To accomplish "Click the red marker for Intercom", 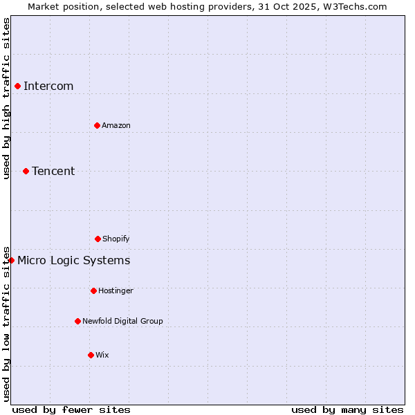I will [x=17, y=86].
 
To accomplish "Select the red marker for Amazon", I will [x=97, y=125].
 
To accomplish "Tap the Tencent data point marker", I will [x=26, y=171].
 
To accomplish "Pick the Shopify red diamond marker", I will [x=98, y=239].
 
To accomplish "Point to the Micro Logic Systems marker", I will [x=11, y=260].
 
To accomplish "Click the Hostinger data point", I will [x=93, y=290].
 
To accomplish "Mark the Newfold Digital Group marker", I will [x=77, y=321].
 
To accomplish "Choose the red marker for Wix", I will [x=91, y=355].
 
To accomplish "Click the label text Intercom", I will [x=48, y=86].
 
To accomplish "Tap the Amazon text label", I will [x=116, y=125].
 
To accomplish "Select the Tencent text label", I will [x=53, y=171].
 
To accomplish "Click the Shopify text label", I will [x=116, y=239].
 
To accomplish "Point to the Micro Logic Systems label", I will [x=73, y=260].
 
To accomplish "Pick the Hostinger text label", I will [x=116, y=290].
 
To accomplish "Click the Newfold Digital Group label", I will [x=122, y=321].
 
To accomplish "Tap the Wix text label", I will [x=102, y=355].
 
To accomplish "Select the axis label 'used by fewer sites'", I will [x=71, y=409].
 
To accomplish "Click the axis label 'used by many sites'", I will [x=347, y=409].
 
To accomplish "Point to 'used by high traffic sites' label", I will [x=6, y=98].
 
